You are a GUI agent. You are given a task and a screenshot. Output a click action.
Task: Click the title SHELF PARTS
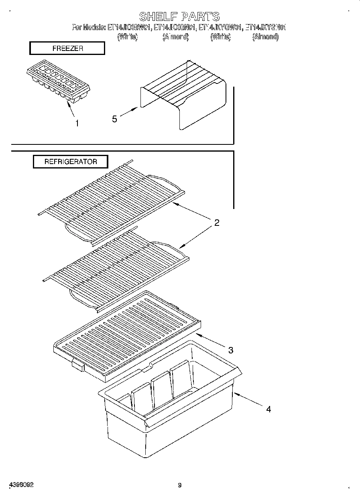[179, 16]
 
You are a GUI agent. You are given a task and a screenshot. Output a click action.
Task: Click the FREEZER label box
[67, 49]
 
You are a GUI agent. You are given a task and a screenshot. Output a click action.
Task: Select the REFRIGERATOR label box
[70, 162]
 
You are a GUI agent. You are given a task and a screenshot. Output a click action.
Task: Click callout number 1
[77, 124]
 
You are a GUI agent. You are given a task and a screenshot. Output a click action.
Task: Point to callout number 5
[115, 119]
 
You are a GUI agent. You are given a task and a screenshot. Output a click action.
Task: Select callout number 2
[217, 223]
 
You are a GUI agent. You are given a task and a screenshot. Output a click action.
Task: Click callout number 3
[231, 350]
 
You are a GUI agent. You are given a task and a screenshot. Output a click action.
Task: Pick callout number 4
[268, 409]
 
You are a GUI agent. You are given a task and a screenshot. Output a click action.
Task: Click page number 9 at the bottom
[180, 485]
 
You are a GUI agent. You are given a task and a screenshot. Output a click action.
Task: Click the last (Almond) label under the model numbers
[265, 37]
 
